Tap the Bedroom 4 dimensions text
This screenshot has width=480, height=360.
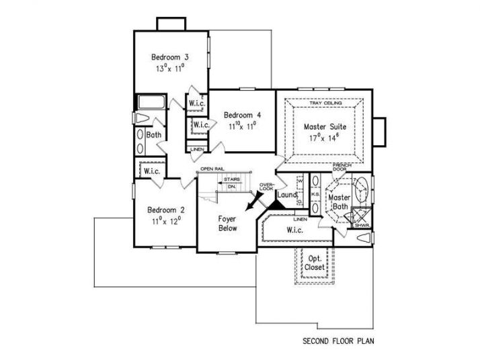tap(238, 125)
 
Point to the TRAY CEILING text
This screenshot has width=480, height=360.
tap(325, 103)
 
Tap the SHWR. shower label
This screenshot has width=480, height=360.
tap(362, 226)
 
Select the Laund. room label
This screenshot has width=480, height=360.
tap(286, 195)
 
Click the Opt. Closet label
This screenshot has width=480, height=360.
tap(315, 263)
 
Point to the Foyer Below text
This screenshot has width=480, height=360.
tap(227, 224)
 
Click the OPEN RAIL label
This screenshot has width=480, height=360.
tap(210, 168)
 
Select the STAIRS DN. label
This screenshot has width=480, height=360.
tap(233, 183)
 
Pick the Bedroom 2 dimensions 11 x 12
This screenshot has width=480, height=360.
tap(167, 220)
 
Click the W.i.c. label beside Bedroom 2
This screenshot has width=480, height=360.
tap(151, 171)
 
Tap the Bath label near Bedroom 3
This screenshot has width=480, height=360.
tap(154, 135)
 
